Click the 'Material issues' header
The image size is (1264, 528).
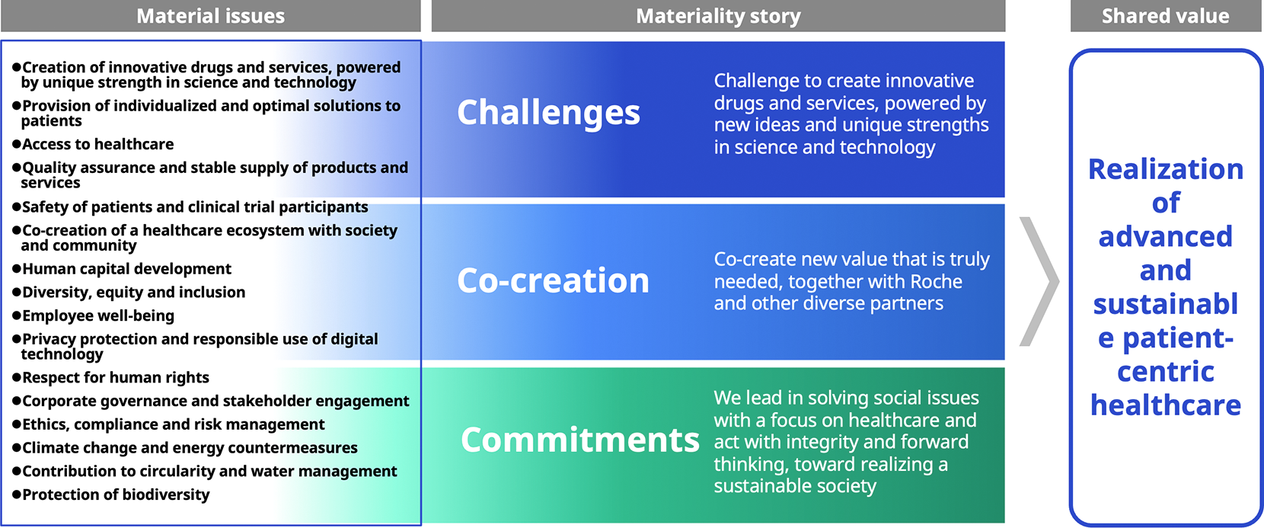tap(210, 16)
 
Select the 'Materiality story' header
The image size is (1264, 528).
tap(718, 16)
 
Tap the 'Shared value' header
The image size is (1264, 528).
tap(1165, 16)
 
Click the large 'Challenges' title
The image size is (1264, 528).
tap(548, 113)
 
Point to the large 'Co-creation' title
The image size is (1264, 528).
tap(553, 280)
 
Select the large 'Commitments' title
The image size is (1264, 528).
tap(579, 440)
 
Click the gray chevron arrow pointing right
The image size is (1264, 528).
tap(1039, 281)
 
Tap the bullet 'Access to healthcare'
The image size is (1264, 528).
tap(97, 144)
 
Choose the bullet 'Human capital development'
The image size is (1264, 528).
tap(126, 269)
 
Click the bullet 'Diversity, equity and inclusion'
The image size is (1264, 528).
tap(133, 292)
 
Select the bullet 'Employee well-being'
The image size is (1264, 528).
tap(98, 315)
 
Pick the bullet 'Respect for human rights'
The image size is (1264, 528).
tap(116, 377)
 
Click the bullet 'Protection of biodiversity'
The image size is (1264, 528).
tap(116, 494)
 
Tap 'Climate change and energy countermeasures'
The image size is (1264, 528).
tap(190, 447)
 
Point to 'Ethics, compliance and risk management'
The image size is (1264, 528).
tap(173, 424)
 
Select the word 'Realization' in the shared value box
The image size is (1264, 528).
tap(1165, 169)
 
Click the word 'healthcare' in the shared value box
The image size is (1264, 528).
tap(1165, 405)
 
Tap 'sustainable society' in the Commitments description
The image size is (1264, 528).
tap(794, 486)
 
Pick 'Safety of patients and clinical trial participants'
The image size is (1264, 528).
tap(195, 206)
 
